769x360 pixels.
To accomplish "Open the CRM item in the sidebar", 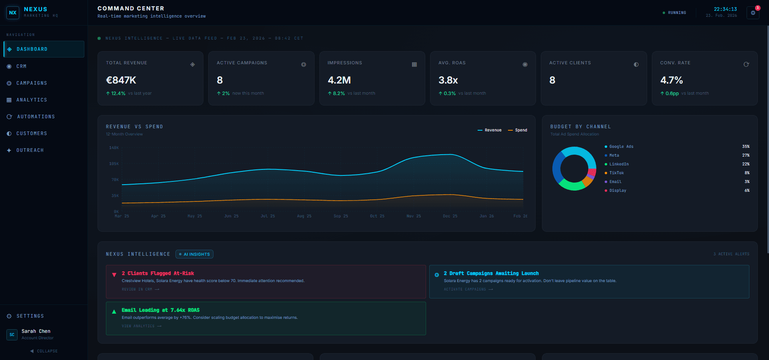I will click(21, 66).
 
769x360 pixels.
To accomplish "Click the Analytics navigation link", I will click(32, 100).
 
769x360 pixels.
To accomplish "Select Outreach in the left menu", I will click(30, 150).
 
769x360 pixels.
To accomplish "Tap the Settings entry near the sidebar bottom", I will click(30, 316).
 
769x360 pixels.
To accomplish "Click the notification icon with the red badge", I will click(753, 13).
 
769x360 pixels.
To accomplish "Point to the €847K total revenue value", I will click(121, 80).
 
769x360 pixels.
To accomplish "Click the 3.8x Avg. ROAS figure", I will click(448, 80).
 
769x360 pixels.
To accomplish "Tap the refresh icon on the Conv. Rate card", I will click(746, 64).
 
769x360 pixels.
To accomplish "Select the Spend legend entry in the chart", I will click(518, 130).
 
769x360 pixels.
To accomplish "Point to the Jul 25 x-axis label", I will click(268, 216).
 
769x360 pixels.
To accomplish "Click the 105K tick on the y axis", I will click(114, 164).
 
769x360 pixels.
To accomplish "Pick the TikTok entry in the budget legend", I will click(616, 173).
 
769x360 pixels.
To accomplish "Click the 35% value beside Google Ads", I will click(745, 147).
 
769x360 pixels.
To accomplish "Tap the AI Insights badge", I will click(194, 254).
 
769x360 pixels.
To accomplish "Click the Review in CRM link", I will click(140, 289).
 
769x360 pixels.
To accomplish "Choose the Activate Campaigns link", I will click(468, 289).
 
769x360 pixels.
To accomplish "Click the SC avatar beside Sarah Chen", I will click(12, 334).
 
